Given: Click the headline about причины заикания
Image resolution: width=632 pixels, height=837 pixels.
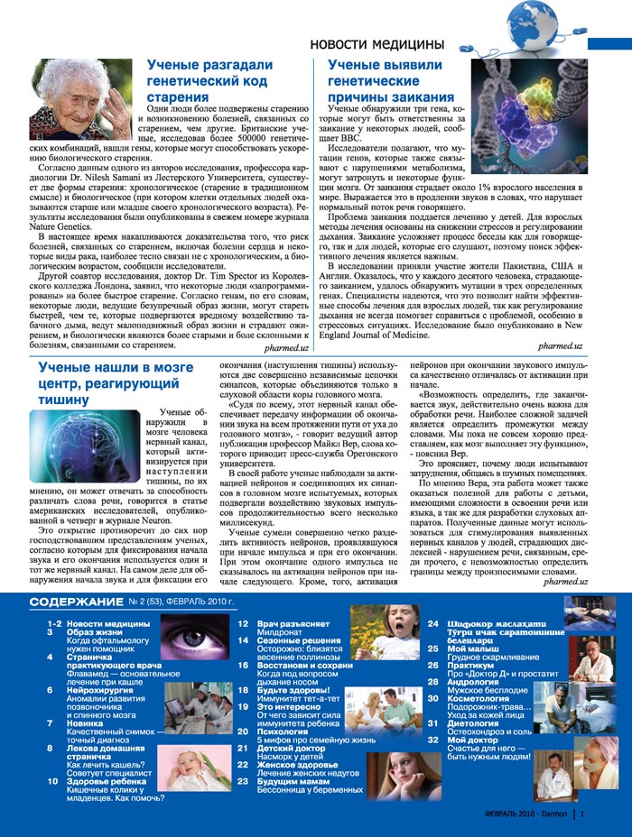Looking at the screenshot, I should click(x=390, y=80).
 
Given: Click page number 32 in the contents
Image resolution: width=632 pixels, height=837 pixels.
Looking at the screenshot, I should click(x=432, y=740).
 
